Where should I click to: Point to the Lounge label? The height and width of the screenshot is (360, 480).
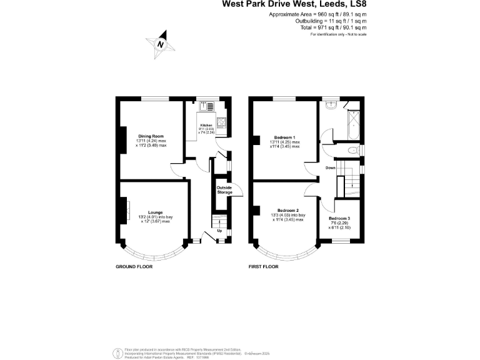[x=156, y=212]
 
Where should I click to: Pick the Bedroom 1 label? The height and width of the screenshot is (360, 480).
[x=284, y=137]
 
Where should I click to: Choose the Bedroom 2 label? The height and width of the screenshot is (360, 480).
[x=288, y=211]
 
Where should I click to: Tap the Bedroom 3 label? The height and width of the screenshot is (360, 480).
[x=339, y=218]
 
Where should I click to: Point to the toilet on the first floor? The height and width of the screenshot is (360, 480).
[x=353, y=150]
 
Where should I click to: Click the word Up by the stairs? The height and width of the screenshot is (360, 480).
[x=219, y=230]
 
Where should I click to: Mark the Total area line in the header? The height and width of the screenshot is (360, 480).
[x=331, y=27]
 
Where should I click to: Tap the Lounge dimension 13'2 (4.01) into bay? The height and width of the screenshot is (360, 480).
[x=156, y=217]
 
